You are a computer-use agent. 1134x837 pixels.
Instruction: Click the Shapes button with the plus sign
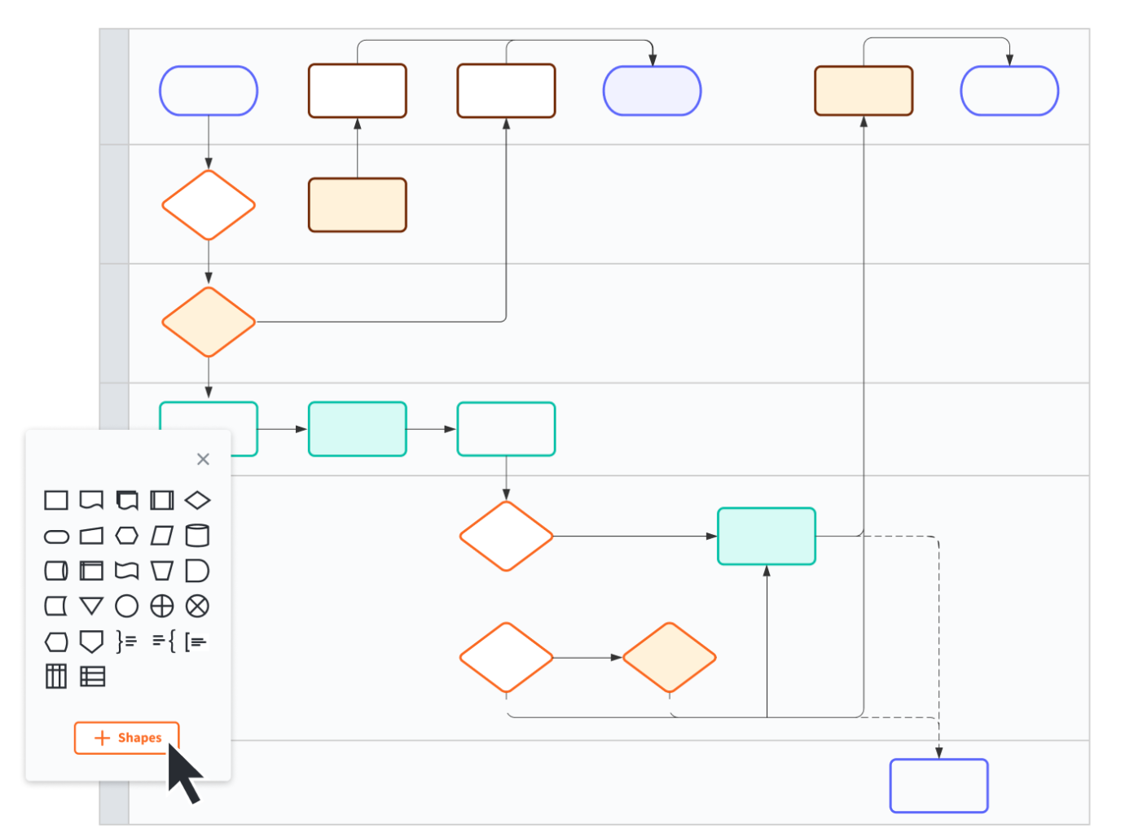click(x=126, y=738)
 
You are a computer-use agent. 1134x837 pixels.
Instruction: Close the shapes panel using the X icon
click(x=203, y=459)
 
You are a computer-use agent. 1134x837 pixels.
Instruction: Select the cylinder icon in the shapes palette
click(x=197, y=535)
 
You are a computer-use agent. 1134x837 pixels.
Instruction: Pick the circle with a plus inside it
click(x=162, y=606)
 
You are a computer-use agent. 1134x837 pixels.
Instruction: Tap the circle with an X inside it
click(x=197, y=606)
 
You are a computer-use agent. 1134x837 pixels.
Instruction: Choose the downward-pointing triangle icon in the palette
click(x=91, y=606)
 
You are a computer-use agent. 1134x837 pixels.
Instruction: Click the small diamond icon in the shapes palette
click(x=197, y=500)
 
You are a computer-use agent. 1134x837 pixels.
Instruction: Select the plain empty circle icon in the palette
click(x=126, y=606)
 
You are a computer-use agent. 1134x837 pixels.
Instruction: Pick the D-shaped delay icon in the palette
click(x=197, y=571)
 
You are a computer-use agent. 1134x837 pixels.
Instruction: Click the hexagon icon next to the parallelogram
click(x=126, y=535)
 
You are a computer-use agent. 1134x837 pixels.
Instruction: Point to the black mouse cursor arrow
click(x=183, y=773)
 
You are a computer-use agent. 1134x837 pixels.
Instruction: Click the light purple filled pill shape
click(x=652, y=91)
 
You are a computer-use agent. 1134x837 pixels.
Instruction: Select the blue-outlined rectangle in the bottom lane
click(x=938, y=786)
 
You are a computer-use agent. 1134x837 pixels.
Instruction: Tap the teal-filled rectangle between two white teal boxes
click(x=357, y=429)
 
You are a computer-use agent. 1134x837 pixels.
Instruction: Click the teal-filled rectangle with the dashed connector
click(x=766, y=536)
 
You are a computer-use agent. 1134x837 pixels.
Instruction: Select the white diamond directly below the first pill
click(x=209, y=205)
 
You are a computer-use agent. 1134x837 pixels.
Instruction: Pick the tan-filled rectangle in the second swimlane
click(x=357, y=205)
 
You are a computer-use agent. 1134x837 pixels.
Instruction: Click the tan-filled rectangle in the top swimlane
click(x=864, y=91)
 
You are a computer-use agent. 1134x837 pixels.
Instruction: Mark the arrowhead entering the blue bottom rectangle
click(x=938, y=753)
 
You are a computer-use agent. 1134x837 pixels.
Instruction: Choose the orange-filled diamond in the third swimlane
click(x=209, y=322)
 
